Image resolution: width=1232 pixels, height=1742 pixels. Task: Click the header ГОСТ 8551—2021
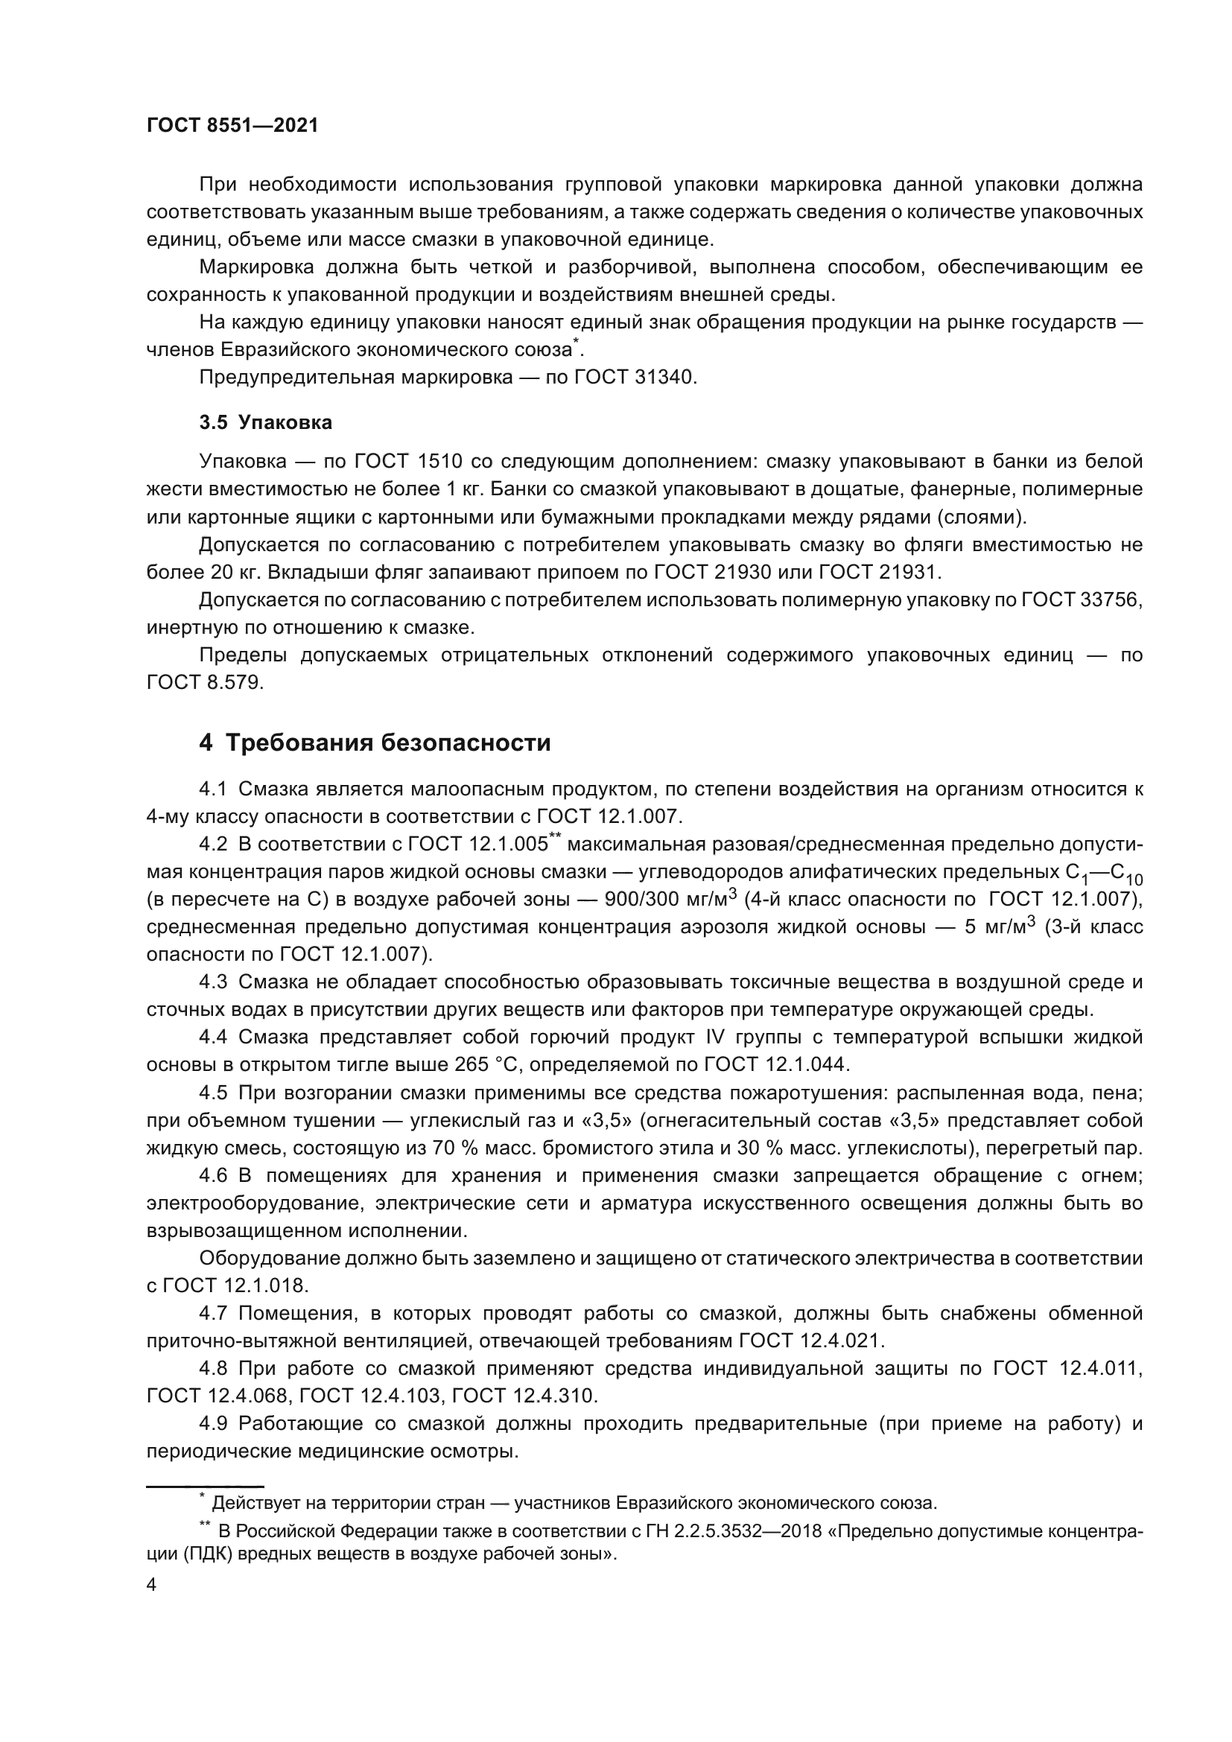[232, 126]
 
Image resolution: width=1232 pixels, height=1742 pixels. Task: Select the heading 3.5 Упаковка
[265, 422]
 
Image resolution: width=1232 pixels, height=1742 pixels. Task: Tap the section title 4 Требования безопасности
[375, 742]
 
